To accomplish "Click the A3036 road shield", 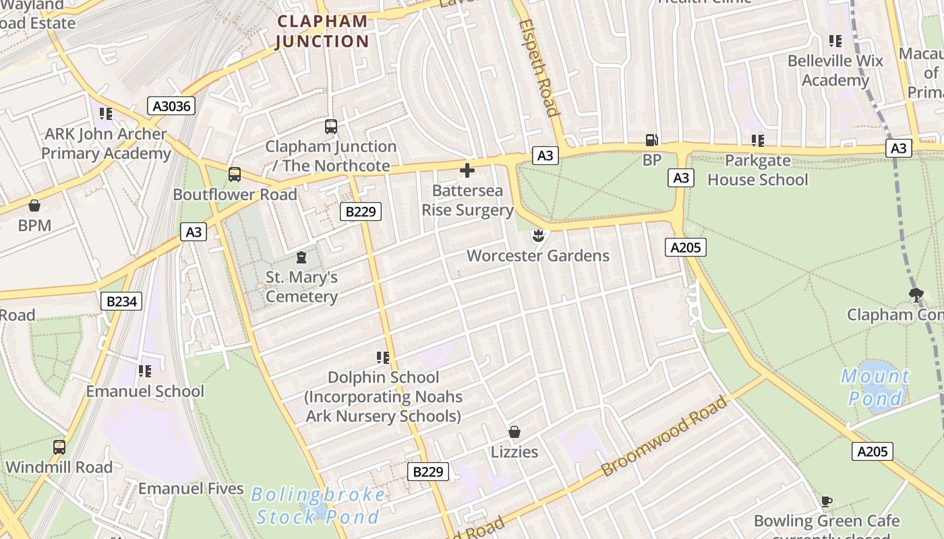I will pyautogui.click(x=171, y=106).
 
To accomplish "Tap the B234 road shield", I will pyautogui.click(x=121, y=301).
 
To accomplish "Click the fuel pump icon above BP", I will pyautogui.click(x=652, y=140).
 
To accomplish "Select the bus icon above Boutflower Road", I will pyautogui.click(x=234, y=175).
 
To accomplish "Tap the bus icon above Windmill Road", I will pyautogui.click(x=59, y=447).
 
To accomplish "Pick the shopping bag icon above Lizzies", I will pyautogui.click(x=514, y=431).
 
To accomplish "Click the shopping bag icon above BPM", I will pyautogui.click(x=34, y=205).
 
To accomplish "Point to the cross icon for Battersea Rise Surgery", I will pyautogui.click(x=467, y=170).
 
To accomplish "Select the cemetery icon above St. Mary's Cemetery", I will pyautogui.click(x=301, y=257).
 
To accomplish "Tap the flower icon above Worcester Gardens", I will pyautogui.click(x=538, y=236).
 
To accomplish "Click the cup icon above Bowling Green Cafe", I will pyautogui.click(x=827, y=501).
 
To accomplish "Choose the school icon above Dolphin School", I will pyautogui.click(x=383, y=357).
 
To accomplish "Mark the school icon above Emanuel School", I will pyautogui.click(x=144, y=371).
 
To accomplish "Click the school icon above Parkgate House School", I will pyautogui.click(x=758, y=141).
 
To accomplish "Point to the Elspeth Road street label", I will pyautogui.click(x=539, y=67).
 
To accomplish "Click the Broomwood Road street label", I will pyautogui.click(x=664, y=436).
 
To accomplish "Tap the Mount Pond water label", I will pyautogui.click(x=875, y=387).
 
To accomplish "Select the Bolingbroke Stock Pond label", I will pyautogui.click(x=318, y=506).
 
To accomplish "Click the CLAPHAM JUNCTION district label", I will pyautogui.click(x=323, y=31).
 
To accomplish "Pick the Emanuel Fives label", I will pyautogui.click(x=191, y=488).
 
